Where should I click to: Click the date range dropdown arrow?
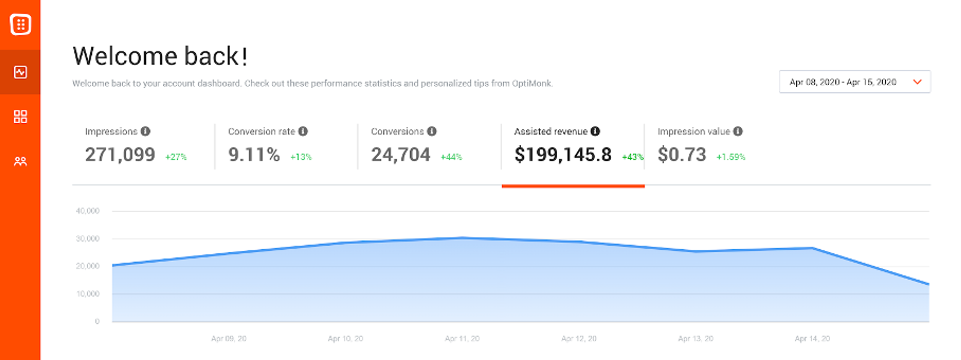917,82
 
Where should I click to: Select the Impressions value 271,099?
120,154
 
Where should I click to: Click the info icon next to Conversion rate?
303,131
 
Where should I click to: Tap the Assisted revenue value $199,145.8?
563,154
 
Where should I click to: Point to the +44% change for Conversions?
451,157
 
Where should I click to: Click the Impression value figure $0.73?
681,154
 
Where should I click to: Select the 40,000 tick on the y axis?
88,211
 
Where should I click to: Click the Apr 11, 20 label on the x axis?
462,338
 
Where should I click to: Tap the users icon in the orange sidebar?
20,161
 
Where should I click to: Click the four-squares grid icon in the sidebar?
20,116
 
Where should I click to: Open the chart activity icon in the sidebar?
20,72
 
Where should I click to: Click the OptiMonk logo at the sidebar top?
20,25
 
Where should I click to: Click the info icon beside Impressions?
145,131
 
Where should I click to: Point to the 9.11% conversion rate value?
254,154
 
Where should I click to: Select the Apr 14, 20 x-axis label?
812,338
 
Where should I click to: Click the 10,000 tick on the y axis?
88,294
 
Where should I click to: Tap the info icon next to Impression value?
738,131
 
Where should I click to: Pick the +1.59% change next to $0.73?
731,157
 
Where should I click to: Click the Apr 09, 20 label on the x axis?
229,338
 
